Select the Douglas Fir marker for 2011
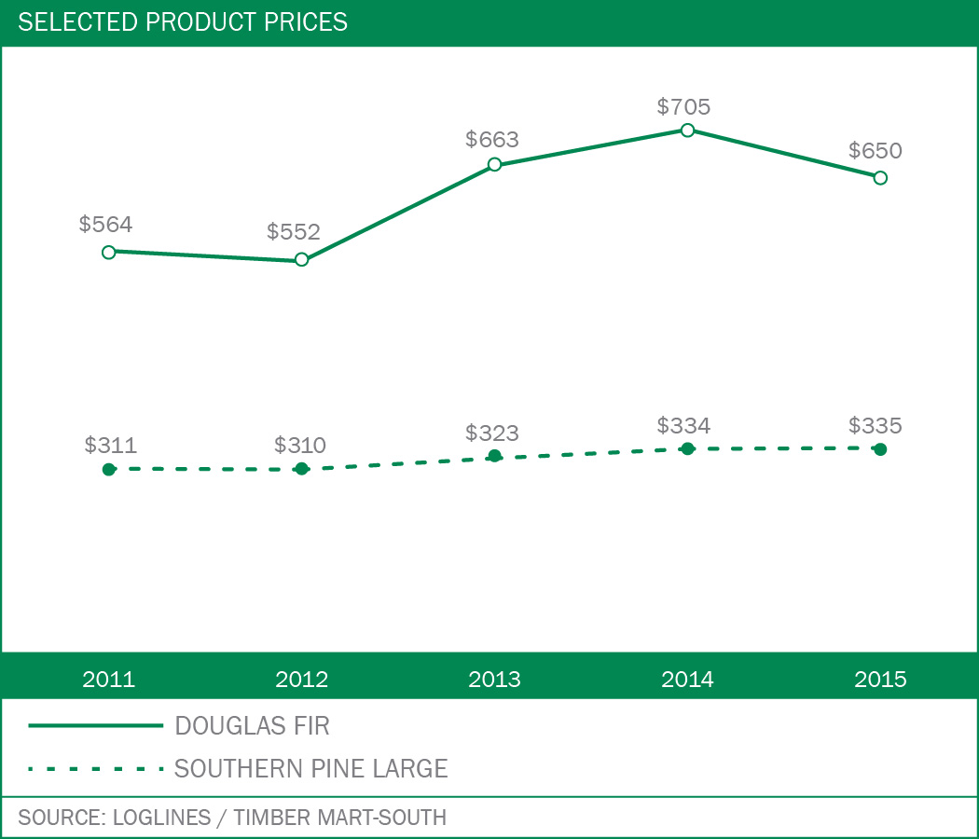(109, 252)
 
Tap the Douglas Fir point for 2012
(301, 259)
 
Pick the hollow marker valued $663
(494, 165)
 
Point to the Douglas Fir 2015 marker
(880, 177)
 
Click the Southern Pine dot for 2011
(109, 469)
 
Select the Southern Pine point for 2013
(494, 456)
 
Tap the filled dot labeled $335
(880, 449)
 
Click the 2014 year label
(687, 679)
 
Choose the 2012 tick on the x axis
(301, 679)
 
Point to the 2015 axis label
(880, 679)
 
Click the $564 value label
(105, 224)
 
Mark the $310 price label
(300, 446)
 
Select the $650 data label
(876, 151)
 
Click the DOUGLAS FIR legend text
(252, 725)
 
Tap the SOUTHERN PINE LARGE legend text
(310, 769)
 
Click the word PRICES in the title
(302, 21)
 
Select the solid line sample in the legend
(95, 725)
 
